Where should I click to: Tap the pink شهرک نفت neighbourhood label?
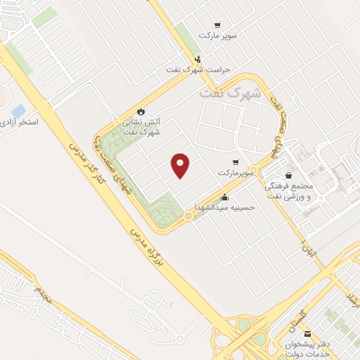click(x=230, y=93)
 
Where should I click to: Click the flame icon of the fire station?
click(x=141, y=111)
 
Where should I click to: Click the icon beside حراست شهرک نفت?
click(x=198, y=60)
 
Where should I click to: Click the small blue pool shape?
click(x=18, y=110)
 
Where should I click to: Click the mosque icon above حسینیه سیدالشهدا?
click(x=224, y=198)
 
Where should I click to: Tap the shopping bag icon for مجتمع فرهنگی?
click(x=288, y=176)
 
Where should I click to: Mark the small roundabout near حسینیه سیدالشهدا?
click(x=188, y=218)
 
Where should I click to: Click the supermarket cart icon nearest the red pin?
click(x=224, y=161)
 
